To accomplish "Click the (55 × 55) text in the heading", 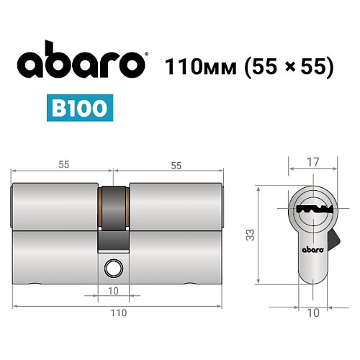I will [x=288, y=66].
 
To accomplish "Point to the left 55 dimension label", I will [x=63, y=165].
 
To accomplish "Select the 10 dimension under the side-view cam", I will [x=114, y=291].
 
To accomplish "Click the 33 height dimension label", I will [x=248, y=235].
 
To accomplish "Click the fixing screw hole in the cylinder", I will [x=113, y=269].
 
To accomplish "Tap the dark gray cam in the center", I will [x=114, y=216].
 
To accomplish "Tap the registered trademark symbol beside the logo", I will [x=148, y=55].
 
